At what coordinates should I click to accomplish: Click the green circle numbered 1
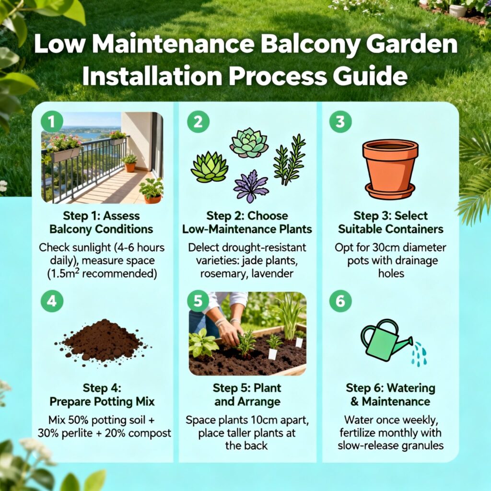[52, 121]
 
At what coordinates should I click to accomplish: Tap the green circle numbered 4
[52, 301]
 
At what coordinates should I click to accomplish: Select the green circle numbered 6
[340, 301]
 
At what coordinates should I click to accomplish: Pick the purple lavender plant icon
[251, 186]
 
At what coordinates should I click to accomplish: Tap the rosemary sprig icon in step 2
[289, 159]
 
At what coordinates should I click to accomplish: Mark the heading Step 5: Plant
[247, 388]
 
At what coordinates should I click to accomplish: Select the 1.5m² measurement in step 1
[64, 274]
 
